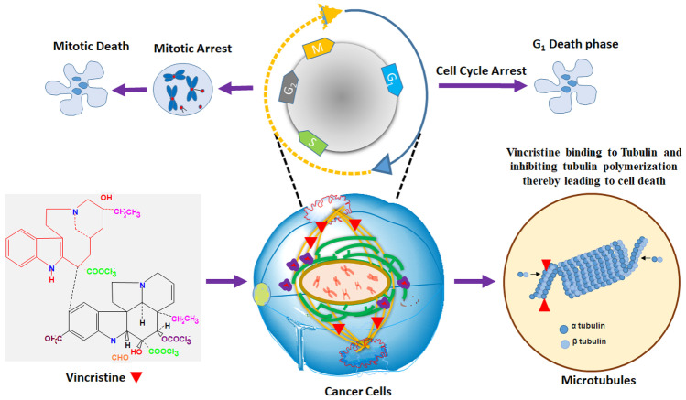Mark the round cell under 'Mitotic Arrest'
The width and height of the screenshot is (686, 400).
187,89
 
